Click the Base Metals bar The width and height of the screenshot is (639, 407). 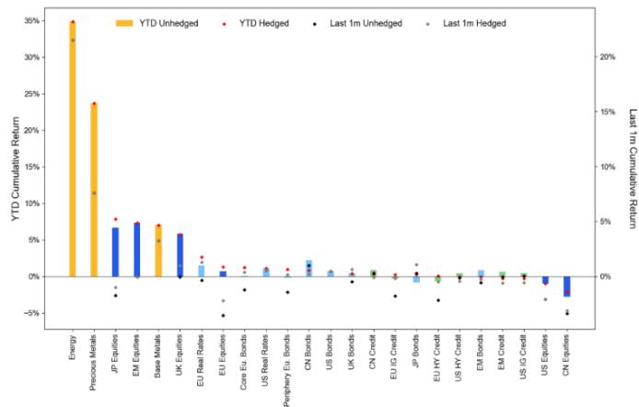(x=158, y=250)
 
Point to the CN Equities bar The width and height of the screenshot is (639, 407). (x=567, y=286)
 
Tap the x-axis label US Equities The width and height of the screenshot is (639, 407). (x=546, y=363)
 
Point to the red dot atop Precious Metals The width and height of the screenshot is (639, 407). (x=94, y=104)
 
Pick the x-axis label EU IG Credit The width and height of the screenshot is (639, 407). (x=395, y=363)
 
